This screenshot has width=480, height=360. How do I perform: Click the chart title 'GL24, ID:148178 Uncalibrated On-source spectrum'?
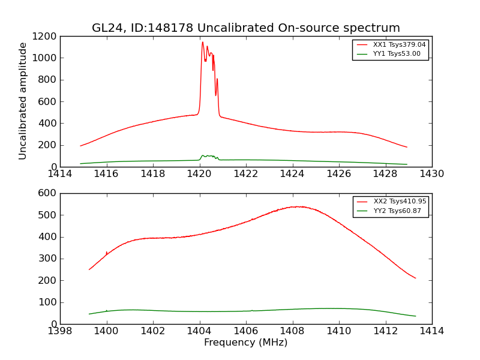[245, 28]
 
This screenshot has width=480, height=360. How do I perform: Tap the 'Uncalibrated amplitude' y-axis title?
[23, 101]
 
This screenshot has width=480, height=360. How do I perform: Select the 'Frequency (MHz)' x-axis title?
[245, 343]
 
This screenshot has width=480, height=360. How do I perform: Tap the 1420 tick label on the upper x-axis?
[199, 174]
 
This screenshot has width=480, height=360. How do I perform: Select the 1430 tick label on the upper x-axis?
[431, 174]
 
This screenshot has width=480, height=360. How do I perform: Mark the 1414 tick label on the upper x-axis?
[60, 174]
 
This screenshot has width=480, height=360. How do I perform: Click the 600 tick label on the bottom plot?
[47, 193]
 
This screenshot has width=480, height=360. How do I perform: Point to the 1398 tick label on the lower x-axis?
[60, 331]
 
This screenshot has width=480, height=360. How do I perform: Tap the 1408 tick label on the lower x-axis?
[292, 331]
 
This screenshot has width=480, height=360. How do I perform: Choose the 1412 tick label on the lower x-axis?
[385, 331]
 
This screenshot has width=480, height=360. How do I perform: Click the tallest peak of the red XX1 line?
[203, 42]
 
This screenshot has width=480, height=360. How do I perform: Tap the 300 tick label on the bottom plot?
[47, 259]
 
